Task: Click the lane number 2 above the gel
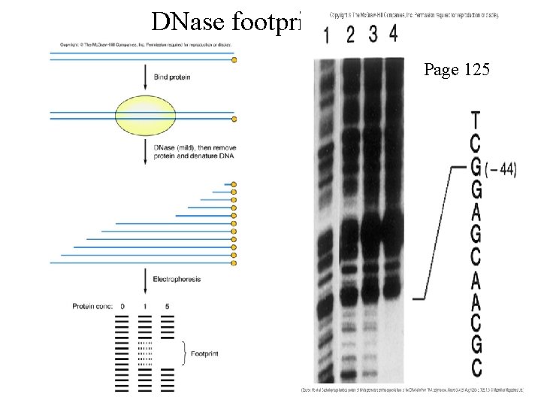(x=350, y=35)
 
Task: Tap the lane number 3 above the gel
(x=373, y=35)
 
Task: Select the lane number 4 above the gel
(x=394, y=34)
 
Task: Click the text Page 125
(x=457, y=71)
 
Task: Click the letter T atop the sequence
(x=475, y=120)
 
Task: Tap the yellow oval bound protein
(x=146, y=116)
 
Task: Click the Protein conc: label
(x=93, y=306)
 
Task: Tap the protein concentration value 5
(x=167, y=306)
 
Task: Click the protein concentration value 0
(x=122, y=306)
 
